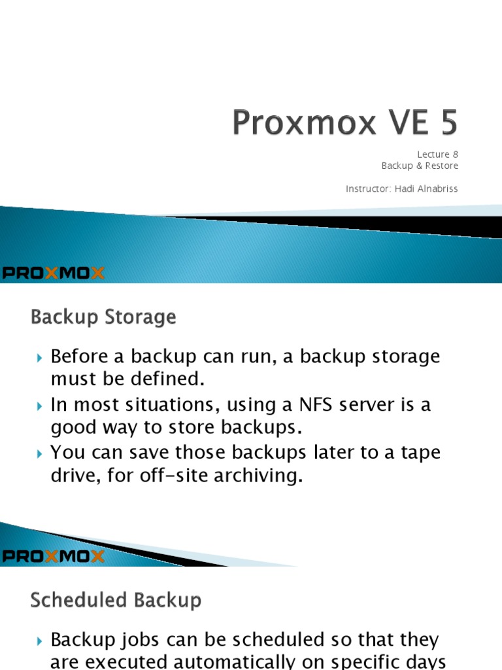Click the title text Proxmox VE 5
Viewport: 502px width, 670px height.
coord(345,124)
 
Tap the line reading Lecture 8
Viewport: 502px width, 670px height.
coord(438,154)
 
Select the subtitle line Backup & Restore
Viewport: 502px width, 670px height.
coord(420,166)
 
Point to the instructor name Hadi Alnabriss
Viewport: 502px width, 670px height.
coord(426,189)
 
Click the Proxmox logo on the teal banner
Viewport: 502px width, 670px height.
coord(53,273)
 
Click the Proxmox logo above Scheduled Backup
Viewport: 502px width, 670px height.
coord(53,557)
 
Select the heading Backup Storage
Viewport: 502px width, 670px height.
coord(103,318)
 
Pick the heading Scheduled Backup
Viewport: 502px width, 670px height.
coord(116,601)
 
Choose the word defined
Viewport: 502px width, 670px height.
coord(169,379)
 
